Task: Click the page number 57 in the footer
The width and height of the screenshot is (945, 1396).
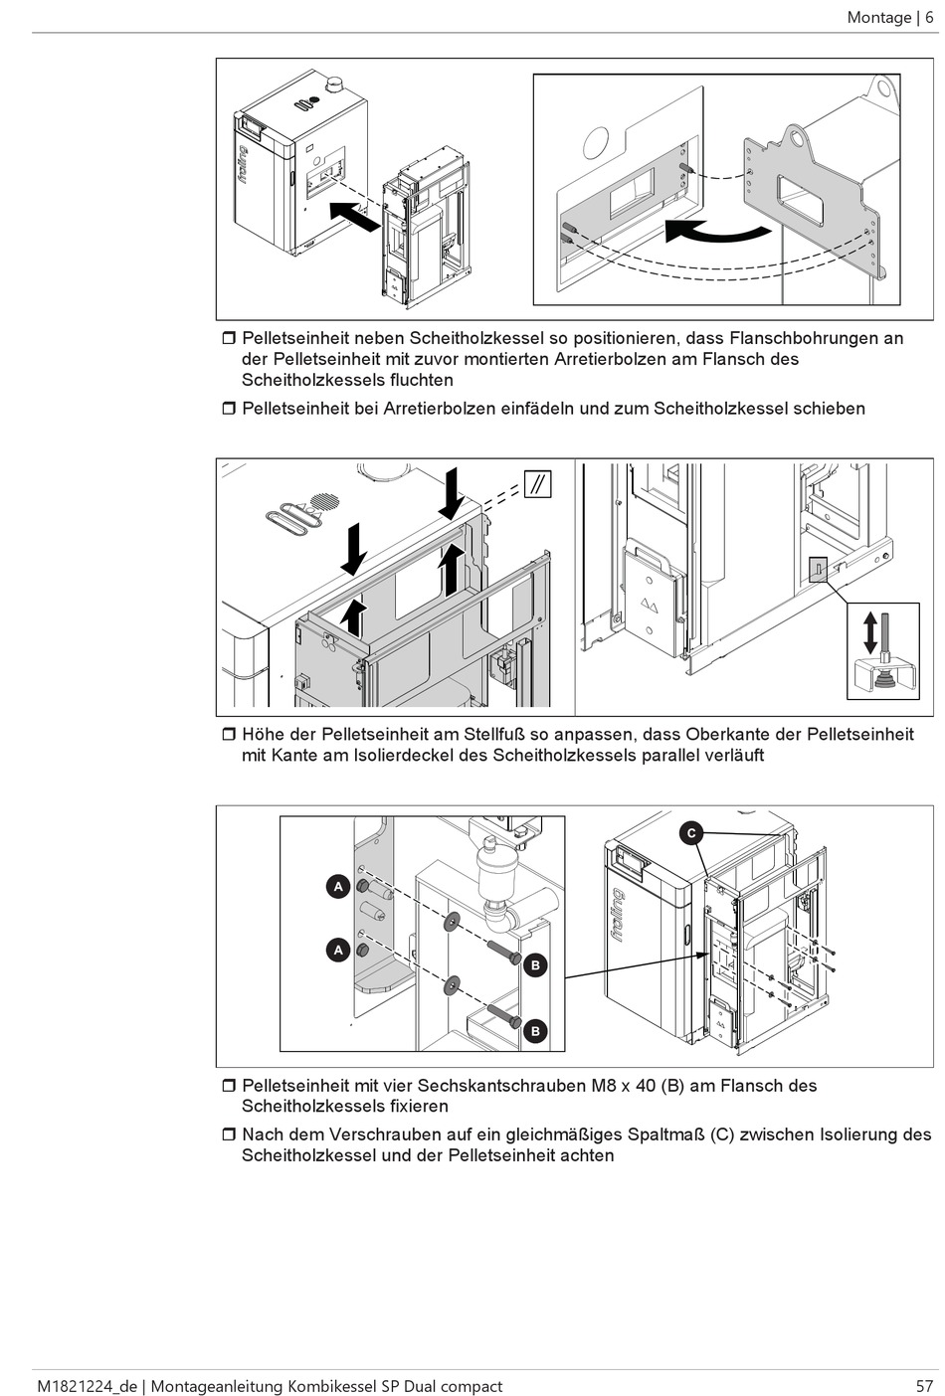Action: [925, 1385]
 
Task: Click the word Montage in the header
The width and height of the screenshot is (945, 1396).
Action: [879, 17]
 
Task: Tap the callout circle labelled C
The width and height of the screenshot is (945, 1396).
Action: [691, 833]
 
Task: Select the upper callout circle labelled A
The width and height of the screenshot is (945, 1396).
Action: [338, 886]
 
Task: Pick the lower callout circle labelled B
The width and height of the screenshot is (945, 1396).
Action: [535, 1031]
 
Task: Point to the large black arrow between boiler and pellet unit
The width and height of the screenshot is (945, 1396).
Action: [354, 214]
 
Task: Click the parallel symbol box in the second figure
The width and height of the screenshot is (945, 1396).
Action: [537, 485]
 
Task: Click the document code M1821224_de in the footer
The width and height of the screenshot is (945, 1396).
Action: [85, 1385]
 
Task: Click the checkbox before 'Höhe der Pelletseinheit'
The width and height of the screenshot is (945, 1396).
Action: [228, 735]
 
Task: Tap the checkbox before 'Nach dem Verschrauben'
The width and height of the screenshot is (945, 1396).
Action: [228, 1134]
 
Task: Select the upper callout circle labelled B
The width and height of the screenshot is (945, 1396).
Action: [535, 964]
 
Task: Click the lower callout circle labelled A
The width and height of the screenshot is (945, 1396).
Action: [338, 951]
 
